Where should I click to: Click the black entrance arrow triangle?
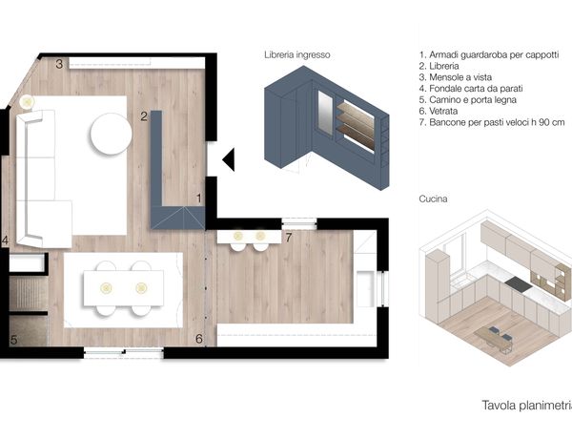(230, 159)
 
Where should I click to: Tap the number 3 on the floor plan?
(59, 64)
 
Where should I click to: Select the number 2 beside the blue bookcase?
(144, 116)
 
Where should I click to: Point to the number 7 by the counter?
(289, 238)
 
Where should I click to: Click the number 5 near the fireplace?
(14, 340)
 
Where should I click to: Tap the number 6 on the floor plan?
(199, 339)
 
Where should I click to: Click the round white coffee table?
(112, 134)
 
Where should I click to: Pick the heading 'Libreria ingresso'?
(297, 54)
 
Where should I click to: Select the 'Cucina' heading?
(433, 199)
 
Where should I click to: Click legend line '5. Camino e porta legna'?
(468, 99)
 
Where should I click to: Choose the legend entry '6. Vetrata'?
(439, 111)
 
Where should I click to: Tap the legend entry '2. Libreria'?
(439, 66)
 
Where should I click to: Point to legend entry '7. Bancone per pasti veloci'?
(492, 122)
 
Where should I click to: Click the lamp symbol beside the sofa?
(27, 102)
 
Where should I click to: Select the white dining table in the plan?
(123, 288)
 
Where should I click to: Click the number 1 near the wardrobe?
(199, 199)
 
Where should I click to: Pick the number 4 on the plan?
(5, 240)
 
